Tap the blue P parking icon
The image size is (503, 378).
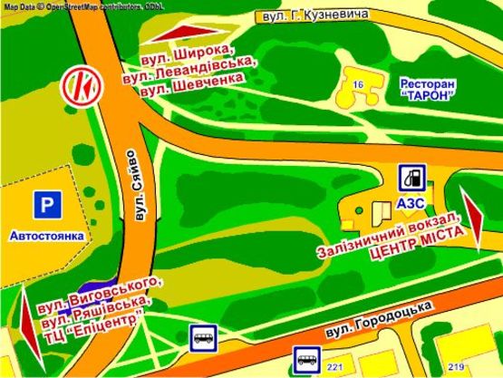[46, 207]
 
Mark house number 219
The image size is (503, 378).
[456, 366]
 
